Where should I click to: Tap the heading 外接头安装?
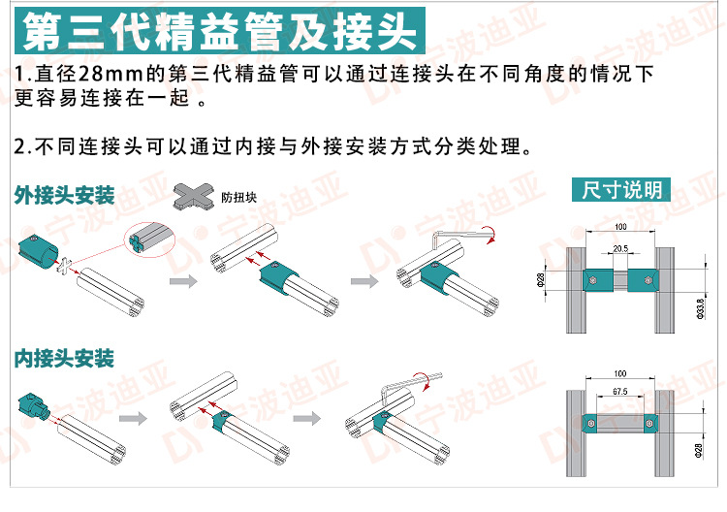click(64, 195)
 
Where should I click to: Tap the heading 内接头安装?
click(64, 358)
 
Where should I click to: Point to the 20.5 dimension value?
click(620, 249)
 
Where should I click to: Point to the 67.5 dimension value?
click(620, 392)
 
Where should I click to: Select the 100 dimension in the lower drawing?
click(620, 373)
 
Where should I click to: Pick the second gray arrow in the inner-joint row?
click(306, 419)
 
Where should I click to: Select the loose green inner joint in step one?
click(35, 407)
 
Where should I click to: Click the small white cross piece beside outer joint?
click(66, 266)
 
